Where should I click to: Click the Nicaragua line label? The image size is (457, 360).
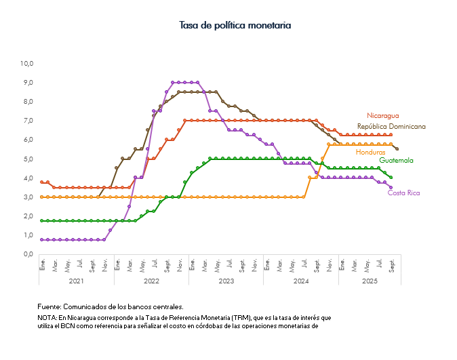[x=383, y=116]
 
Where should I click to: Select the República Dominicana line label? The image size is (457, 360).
[x=391, y=127]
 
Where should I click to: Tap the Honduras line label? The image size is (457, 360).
[x=370, y=152]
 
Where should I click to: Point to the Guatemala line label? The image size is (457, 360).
[x=396, y=161]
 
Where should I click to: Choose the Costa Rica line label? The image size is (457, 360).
[x=403, y=193]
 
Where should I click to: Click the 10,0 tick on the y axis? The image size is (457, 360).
[x=27, y=64]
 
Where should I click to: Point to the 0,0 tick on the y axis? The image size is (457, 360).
[x=28, y=254]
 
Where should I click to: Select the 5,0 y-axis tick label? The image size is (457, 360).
[x=28, y=159]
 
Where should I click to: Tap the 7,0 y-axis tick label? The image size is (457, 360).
[x=28, y=121]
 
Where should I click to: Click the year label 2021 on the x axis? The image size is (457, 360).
[x=76, y=281]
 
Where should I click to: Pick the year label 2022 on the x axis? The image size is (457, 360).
[x=151, y=281]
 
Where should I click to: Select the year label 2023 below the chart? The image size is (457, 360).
[x=226, y=281]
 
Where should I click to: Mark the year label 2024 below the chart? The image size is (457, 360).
[x=300, y=281]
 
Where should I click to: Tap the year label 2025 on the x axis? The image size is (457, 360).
[x=369, y=281]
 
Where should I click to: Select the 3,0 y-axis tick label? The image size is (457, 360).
[x=28, y=197]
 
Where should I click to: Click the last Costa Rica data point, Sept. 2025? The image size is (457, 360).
[x=391, y=188]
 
